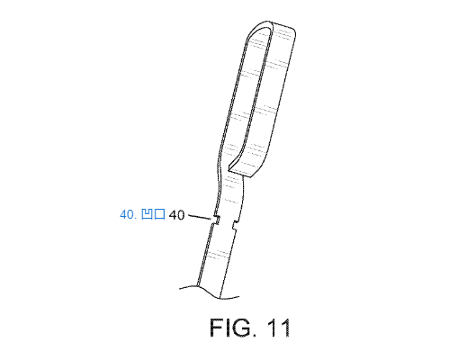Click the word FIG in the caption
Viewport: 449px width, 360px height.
230,328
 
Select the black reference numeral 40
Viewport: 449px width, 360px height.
176,215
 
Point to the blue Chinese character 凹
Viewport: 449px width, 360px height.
147,214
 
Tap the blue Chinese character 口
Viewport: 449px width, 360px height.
159,214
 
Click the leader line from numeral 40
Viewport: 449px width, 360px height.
200,217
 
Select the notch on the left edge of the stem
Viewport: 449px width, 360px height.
217,220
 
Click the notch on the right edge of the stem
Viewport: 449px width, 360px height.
236,224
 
